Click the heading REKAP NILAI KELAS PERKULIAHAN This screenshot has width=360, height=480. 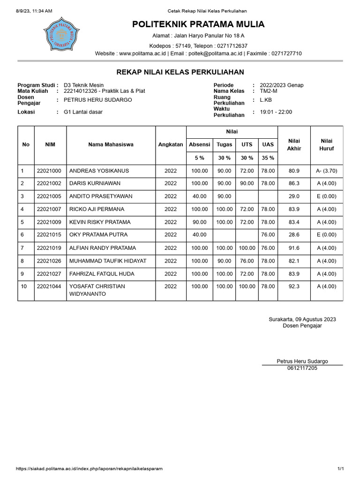click(x=180, y=72)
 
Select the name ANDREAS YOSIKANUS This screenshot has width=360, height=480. click(x=99, y=171)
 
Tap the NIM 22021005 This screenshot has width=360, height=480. click(x=49, y=196)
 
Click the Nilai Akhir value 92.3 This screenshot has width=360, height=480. click(x=294, y=286)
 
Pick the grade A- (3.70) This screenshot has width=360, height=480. click(x=327, y=171)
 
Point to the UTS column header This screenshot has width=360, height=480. click(x=247, y=145)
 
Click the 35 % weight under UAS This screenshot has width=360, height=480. click(x=268, y=158)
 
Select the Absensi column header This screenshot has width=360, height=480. click(x=199, y=145)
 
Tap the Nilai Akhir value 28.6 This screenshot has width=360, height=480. click(x=294, y=235)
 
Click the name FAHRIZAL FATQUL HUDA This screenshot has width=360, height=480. click(x=102, y=274)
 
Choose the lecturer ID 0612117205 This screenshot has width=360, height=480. click(x=302, y=368)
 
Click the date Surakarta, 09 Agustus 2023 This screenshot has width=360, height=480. click(x=302, y=319)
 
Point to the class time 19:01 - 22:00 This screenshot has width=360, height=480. click(x=276, y=112)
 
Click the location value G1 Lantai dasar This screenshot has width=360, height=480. click(x=83, y=112)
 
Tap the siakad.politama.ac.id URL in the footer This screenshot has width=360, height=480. click(x=89, y=469)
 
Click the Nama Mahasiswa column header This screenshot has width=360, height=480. click(x=111, y=145)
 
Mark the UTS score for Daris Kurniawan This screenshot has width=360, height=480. click(x=247, y=184)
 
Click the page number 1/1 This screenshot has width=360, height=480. click(x=341, y=469)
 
